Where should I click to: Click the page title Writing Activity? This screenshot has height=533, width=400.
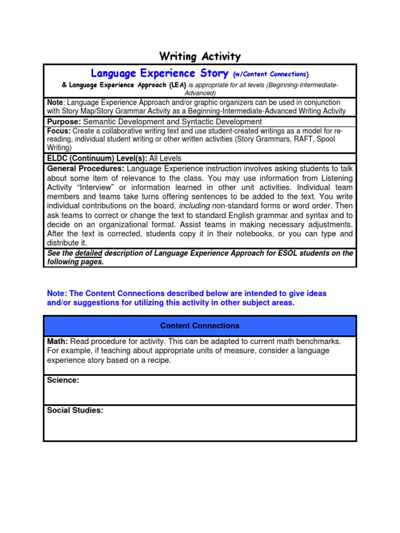pos(200,56)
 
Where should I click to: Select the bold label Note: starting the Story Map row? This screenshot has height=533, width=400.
pos(55,103)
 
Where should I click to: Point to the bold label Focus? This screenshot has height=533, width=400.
pos(59,131)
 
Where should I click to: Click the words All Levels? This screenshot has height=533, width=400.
pos(165,158)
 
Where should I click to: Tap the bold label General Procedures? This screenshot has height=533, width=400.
pos(86,169)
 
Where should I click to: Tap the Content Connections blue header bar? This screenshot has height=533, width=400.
pos(200,326)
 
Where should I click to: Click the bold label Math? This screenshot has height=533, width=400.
pos(57,341)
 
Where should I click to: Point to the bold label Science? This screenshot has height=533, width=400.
pos(63,380)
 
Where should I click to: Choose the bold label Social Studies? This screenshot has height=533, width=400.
pos(75,410)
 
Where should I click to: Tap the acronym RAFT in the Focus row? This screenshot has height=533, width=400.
pos(302,139)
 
